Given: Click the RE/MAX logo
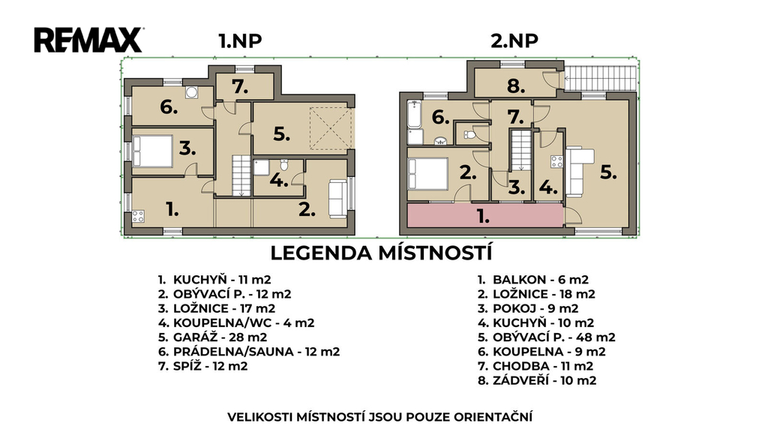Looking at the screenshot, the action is click(88, 40).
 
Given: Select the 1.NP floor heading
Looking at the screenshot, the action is click(240, 41).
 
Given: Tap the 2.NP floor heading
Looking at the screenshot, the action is click(514, 41).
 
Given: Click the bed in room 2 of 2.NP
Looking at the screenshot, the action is click(428, 174).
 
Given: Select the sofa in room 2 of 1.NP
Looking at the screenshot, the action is click(337, 199).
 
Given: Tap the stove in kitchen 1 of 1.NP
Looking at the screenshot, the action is click(138, 216).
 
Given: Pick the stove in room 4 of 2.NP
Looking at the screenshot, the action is click(556, 162).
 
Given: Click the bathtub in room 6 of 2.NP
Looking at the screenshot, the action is click(414, 115).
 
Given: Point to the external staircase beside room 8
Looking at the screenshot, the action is click(600, 78).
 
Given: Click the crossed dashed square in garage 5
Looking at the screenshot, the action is click(331, 128).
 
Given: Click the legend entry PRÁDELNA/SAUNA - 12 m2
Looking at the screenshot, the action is click(249, 352).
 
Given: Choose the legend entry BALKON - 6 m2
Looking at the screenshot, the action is click(533, 280).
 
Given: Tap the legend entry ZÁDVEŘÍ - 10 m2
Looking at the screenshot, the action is click(537, 380).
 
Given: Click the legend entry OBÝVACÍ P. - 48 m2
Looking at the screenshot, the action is click(547, 337).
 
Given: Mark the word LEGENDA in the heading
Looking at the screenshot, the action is click(321, 253).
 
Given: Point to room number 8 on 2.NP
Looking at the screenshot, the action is click(516, 87).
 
